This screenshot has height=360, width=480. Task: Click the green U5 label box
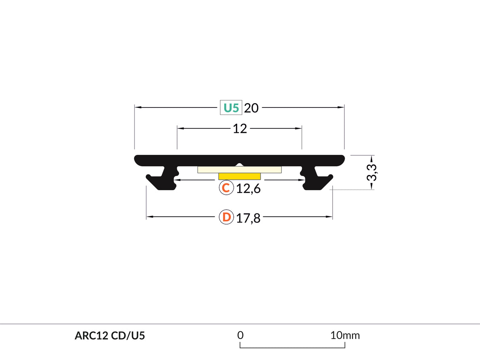pyautogui.click(x=231, y=107)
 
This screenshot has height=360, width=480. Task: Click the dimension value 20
pyautogui.click(x=251, y=108)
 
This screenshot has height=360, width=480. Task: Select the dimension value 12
pyautogui.click(x=240, y=128)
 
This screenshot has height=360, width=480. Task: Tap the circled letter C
pyautogui.click(x=226, y=188)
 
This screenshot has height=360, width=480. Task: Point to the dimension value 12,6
pyautogui.click(x=248, y=189)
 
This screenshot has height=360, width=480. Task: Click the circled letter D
pyautogui.click(x=226, y=217)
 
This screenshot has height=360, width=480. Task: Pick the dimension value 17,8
pyautogui.click(x=248, y=218)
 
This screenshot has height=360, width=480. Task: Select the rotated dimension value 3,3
pyautogui.click(x=372, y=172)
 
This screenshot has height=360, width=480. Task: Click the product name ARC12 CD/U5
pyautogui.click(x=110, y=336)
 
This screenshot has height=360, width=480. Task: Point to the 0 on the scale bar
pyautogui.click(x=240, y=335)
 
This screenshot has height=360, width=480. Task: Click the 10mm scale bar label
pyautogui.click(x=345, y=335)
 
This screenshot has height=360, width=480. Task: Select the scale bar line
pyautogui.click(x=293, y=348)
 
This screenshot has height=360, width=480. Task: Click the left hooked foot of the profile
pyautogui.click(x=160, y=181)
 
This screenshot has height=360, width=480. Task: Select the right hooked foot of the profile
pyautogui.click(x=318, y=181)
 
